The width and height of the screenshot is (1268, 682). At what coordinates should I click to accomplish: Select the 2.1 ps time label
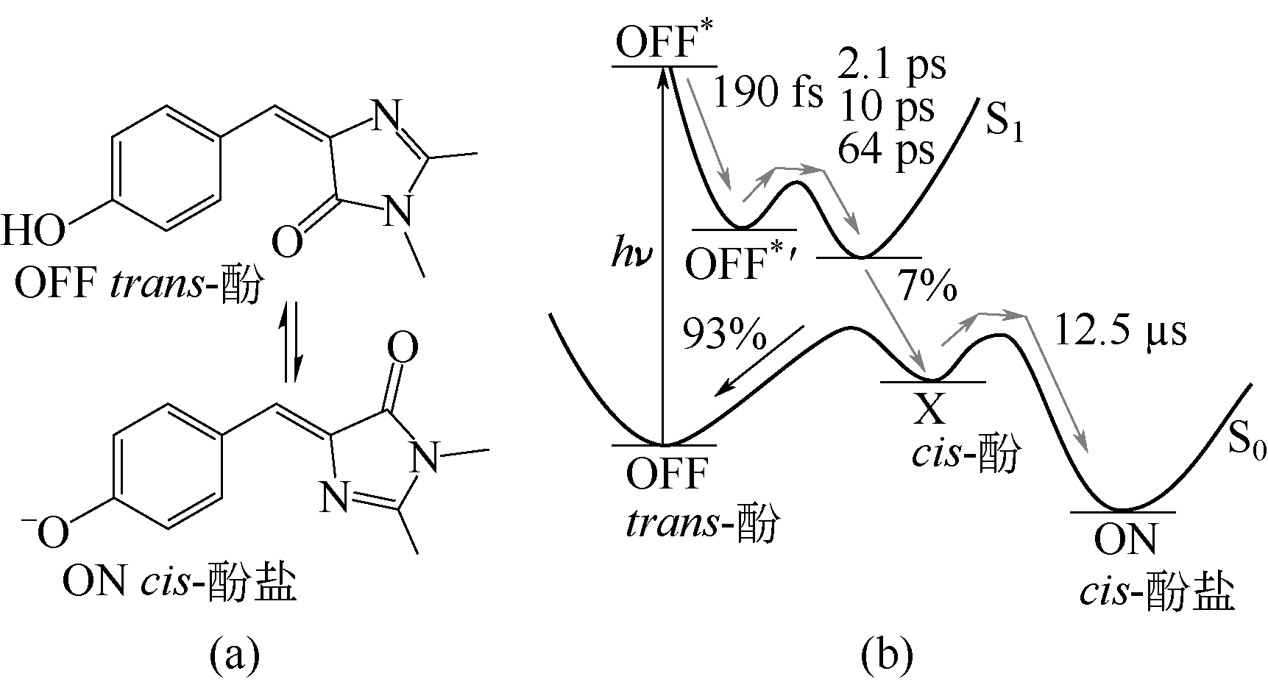pos(891,65)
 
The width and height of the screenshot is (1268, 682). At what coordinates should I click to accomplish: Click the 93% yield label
pos(725,335)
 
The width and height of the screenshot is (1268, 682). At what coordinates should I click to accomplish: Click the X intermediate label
pos(929,410)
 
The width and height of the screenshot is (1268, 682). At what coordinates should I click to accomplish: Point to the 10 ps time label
pos(885,107)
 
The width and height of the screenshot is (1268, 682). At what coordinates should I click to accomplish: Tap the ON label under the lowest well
pos(1124,539)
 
